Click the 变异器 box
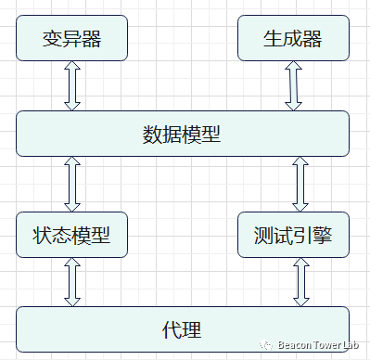(x=72, y=39)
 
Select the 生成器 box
(x=294, y=39)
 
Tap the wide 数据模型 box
(x=183, y=134)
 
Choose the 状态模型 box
(x=72, y=235)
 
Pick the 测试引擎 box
(x=294, y=235)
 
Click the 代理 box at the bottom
(x=183, y=329)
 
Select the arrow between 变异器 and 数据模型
(x=72, y=86)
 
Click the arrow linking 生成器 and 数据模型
(x=294, y=86)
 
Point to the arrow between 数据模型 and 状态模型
(x=72, y=184)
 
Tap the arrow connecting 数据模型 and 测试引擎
(x=299, y=184)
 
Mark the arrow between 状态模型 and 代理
(x=72, y=282)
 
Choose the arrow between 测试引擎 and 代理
(x=299, y=282)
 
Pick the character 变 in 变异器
(x=53, y=39)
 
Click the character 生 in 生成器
(x=274, y=39)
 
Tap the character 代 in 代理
(x=172, y=329)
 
